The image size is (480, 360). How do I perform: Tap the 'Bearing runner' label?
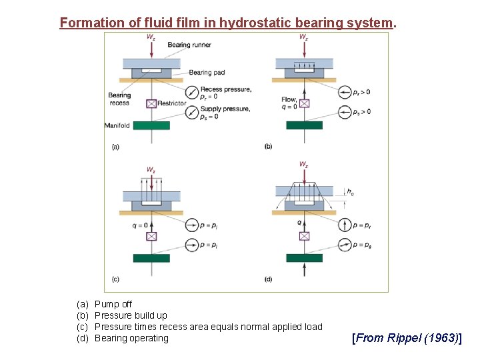pos(189,45)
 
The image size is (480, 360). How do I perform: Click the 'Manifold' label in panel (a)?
pos(117,125)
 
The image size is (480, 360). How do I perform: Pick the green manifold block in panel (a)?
pos(151,125)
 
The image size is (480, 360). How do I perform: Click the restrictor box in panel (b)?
pos(304,103)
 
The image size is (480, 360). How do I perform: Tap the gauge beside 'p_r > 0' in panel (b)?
pos(345,92)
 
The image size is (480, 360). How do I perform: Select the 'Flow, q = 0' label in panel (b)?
pos(289,103)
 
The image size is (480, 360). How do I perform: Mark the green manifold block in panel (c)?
pos(151,258)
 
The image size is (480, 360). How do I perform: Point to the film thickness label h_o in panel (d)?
pos(351,192)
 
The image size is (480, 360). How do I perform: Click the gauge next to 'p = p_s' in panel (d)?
pos(345,245)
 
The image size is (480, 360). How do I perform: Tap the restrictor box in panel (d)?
pos(304,236)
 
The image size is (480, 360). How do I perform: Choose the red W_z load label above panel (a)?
pos(151,37)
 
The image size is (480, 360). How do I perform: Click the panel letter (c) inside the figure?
pos(116,279)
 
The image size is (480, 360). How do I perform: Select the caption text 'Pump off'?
pos(113,304)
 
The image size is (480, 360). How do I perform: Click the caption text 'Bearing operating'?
pos(131,338)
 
